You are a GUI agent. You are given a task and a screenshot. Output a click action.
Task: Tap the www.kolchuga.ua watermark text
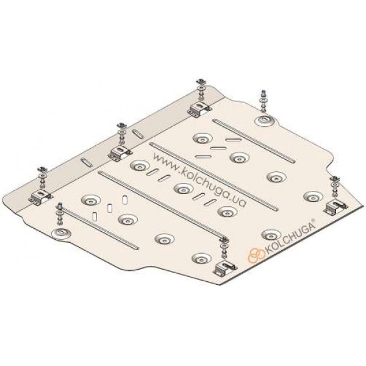point(199,180)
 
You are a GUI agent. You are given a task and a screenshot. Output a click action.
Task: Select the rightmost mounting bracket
point(335,206)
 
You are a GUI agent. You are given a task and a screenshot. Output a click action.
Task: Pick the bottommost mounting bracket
point(224,268)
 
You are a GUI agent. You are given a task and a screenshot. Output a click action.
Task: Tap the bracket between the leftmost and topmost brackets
point(120,153)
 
